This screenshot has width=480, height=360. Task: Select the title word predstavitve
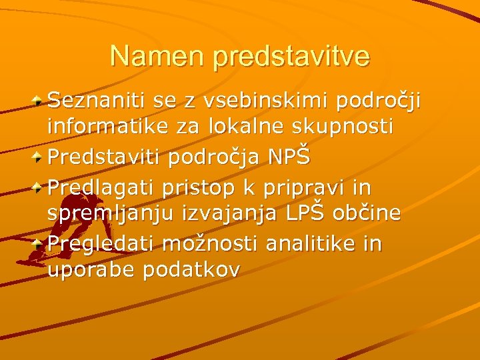coord(291,57)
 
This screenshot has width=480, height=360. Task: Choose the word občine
coord(369,213)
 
